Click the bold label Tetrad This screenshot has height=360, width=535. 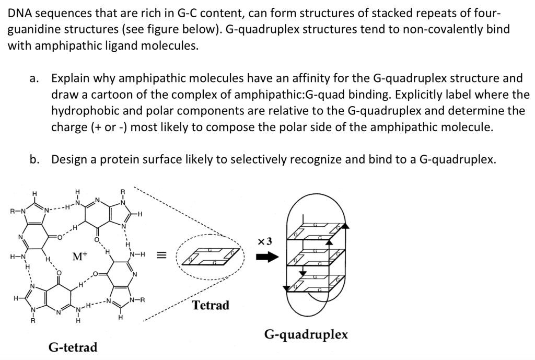211,306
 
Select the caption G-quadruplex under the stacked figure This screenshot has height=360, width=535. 306,334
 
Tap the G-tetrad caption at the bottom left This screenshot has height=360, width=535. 73,347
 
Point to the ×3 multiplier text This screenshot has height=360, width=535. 265,241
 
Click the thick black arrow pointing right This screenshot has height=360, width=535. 266,258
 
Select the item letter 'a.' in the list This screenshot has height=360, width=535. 34,79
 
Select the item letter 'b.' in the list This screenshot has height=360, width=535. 34,160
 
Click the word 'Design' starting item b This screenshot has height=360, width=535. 69,160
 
